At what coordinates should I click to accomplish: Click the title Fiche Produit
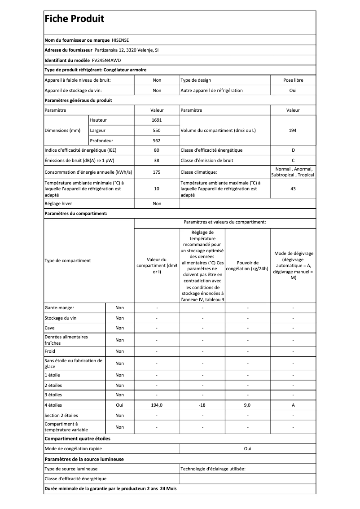point(74,19)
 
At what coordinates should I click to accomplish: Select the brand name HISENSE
point(120,40)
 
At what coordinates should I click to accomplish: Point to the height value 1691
point(157,120)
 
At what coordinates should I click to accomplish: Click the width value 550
point(157,130)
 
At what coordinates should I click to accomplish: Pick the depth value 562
point(157,140)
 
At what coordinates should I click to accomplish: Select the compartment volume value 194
point(293,130)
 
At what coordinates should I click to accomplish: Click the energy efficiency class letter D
point(293,150)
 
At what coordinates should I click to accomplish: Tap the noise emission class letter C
point(293,160)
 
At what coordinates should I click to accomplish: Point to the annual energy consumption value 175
point(157,172)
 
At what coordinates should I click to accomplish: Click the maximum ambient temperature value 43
point(293,189)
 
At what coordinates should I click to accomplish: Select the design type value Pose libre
point(293,80)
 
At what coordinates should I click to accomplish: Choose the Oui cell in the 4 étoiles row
point(119,405)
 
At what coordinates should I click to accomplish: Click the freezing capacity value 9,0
point(247,405)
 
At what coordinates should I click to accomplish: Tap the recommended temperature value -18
point(202,405)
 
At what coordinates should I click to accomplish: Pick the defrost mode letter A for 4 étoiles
point(293,405)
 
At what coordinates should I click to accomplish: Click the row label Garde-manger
point(59,308)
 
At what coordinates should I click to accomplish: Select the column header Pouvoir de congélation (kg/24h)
point(247,266)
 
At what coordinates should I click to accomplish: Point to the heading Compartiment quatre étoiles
point(77,439)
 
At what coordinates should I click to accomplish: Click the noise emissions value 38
point(157,160)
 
